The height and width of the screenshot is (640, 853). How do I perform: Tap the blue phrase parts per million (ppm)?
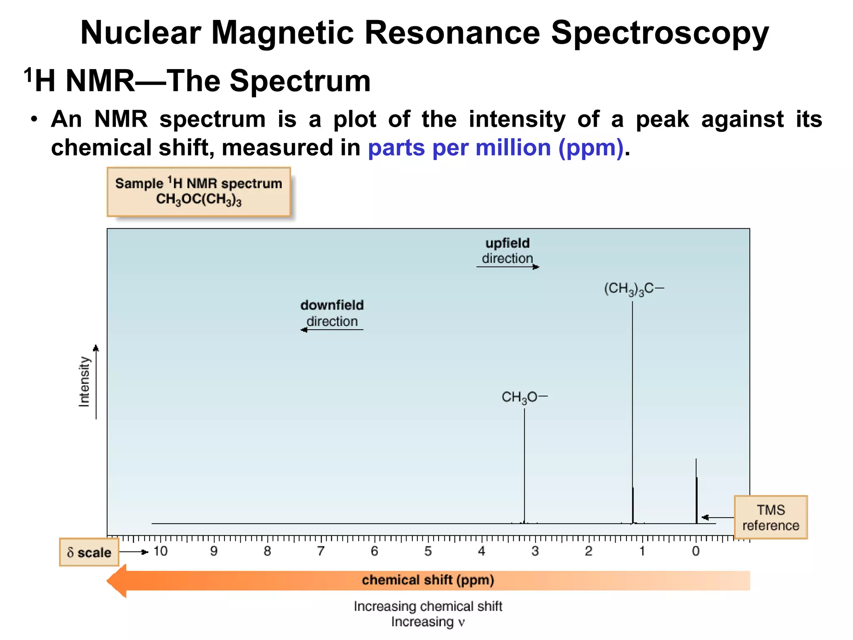[x=496, y=148]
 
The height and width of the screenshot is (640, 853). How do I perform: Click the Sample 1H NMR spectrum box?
[x=199, y=192]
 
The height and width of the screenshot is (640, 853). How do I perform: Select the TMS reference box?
[x=771, y=517]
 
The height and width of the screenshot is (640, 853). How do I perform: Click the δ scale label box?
[x=89, y=552]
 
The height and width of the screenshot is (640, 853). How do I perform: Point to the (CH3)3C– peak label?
[x=634, y=288]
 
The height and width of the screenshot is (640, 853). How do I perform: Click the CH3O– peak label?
[x=524, y=397]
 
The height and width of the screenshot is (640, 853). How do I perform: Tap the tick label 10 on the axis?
[x=160, y=551]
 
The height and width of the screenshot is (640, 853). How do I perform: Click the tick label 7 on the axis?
[x=321, y=551]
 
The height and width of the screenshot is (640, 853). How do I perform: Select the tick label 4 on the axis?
[x=481, y=551]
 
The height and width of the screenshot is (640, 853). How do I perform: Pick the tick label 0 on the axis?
[x=696, y=551]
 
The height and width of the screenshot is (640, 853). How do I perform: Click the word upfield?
[x=507, y=243]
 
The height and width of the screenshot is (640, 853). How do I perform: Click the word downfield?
[x=332, y=305]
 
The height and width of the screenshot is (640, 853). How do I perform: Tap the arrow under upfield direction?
[x=508, y=267]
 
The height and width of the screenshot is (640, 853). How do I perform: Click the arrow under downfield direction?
[x=332, y=330]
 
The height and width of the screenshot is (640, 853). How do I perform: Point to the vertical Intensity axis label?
[x=84, y=381]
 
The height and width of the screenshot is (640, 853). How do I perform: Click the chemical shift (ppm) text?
[x=428, y=580]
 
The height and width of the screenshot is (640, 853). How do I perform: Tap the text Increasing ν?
[x=428, y=622]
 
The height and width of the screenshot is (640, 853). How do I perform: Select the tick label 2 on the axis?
[x=589, y=551]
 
